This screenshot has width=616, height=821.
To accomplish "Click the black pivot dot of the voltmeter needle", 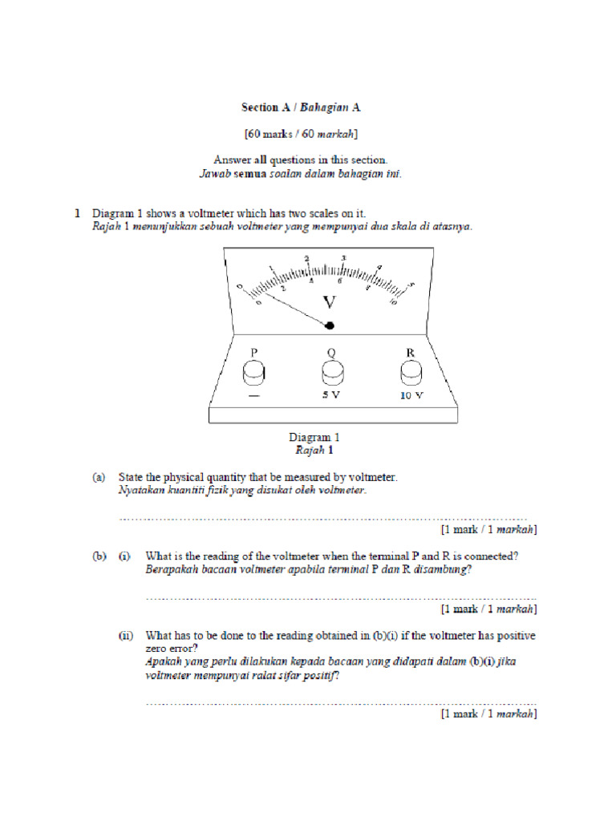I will pyautogui.click(x=329, y=326).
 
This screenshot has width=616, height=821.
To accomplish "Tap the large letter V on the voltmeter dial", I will pyautogui.click(x=330, y=302).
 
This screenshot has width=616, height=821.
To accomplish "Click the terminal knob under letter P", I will pyautogui.click(x=254, y=373).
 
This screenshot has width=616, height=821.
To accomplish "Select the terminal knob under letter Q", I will pyautogui.click(x=332, y=373).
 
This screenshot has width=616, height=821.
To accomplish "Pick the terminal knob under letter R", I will pyautogui.click(x=410, y=373).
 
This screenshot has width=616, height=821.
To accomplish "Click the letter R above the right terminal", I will pyautogui.click(x=410, y=352).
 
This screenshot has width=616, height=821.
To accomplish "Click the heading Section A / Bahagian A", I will pyautogui.click(x=307, y=107).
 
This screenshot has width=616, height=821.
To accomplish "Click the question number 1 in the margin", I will pyautogui.click(x=78, y=213).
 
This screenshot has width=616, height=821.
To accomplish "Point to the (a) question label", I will pyautogui.click(x=98, y=477).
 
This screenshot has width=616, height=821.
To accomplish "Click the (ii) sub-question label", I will pyautogui.click(x=126, y=636).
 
